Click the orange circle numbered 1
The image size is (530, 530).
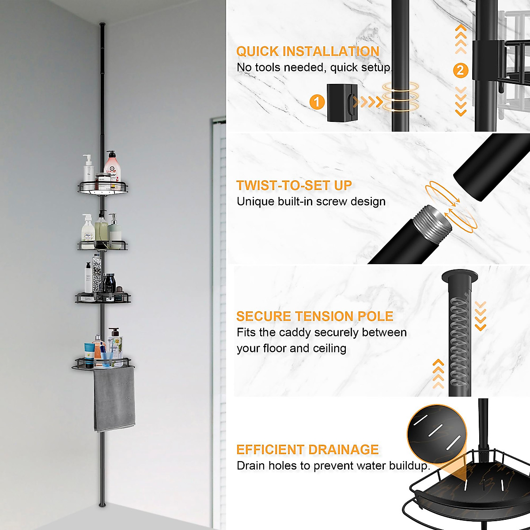pos(317,102)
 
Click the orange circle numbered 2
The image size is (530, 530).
pos(461,70)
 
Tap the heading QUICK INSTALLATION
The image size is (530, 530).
pos(308,51)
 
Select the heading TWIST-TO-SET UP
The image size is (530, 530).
pos(294,185)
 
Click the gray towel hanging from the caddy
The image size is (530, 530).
pos(114,400)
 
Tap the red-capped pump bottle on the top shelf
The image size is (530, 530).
pos(112,166)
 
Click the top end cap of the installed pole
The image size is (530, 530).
pos(102,24)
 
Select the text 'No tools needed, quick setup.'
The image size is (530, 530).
pos(314,68)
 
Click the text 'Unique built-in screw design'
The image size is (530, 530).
pos(311,202)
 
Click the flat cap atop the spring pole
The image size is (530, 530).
pos(460,277)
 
